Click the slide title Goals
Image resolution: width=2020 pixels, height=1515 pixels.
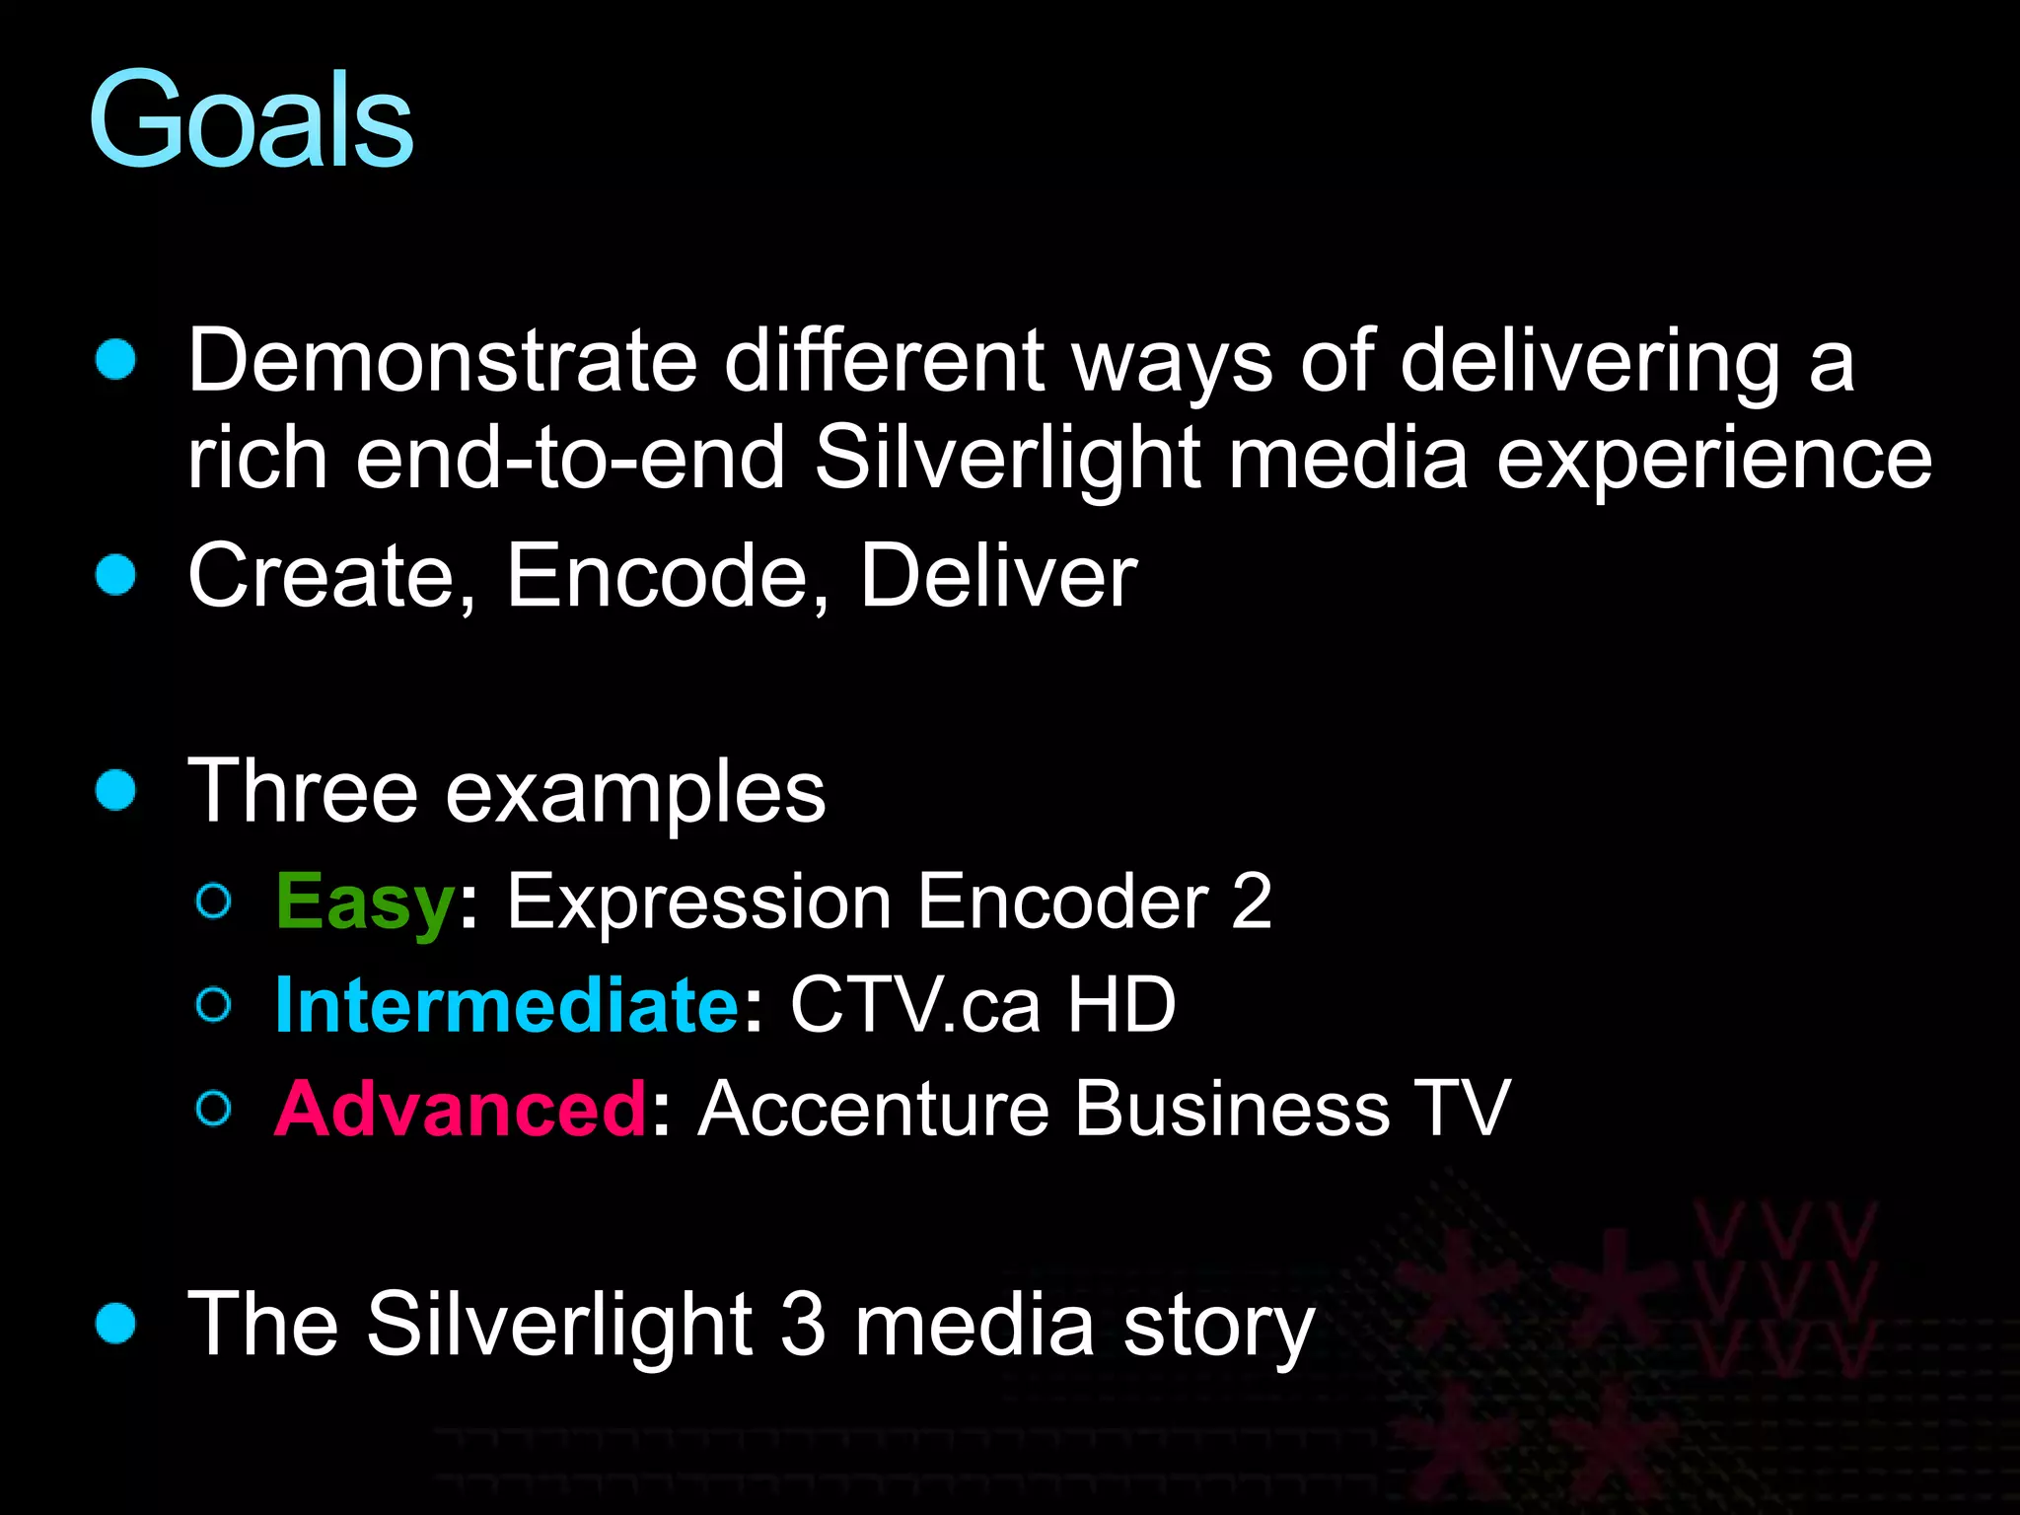251,120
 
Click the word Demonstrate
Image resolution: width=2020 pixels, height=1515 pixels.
443,361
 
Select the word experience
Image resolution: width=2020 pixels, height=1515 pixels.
1713,460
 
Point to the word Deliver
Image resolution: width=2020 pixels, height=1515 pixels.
998,576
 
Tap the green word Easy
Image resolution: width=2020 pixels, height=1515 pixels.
364,902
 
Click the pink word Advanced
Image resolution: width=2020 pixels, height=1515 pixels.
460,1109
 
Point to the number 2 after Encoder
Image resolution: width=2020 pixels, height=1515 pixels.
1251,902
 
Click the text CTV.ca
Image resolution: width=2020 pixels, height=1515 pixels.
914,1005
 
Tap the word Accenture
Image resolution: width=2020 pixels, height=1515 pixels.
872,1109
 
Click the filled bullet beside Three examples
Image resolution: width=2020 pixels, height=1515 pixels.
115,791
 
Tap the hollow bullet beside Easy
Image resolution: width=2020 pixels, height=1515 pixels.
214,902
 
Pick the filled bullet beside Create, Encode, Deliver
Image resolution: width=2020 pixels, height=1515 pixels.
115,576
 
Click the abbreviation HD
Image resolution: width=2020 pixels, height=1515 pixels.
1121,1005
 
